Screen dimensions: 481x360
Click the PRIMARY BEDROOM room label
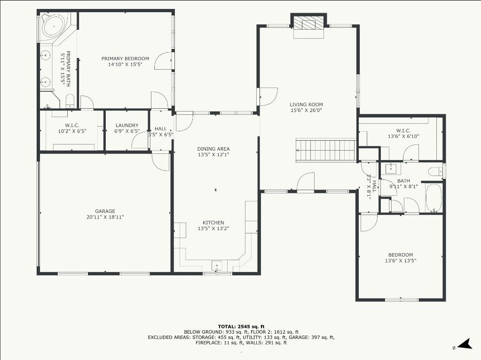click(125, 59)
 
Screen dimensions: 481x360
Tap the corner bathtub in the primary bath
click(54, 27)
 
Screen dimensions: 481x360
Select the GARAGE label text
click(105, 211)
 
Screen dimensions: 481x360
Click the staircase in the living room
click(326, 151)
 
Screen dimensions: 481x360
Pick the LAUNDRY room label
click(127, 125)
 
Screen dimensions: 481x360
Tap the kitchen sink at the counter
click(217, 265)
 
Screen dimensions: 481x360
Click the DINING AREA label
click(213, 149)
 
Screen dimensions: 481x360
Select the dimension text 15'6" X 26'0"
click(306, 111)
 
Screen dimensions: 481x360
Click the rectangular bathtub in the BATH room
click(434, 198)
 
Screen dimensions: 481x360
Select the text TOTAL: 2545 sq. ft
click(241, 327)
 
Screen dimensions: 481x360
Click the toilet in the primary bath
click(70, 101)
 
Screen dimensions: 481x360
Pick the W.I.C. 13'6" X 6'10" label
click(403, 134)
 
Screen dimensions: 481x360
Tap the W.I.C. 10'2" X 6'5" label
click(72, 128)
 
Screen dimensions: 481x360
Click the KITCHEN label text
click(213, 223)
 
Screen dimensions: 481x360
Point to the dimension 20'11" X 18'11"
click(105, 217)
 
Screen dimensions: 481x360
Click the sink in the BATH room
click(391, 168)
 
